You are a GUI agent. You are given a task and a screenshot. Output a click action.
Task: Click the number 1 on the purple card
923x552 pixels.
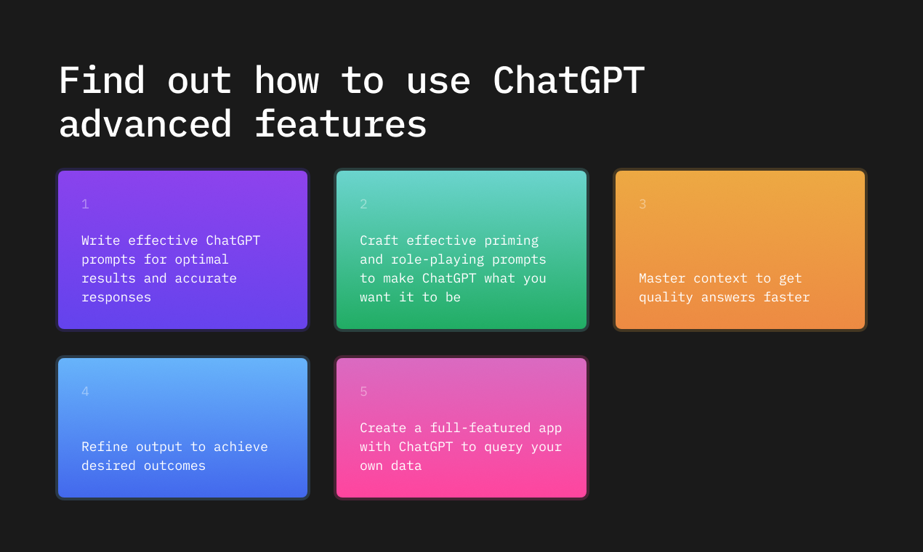[85, 204]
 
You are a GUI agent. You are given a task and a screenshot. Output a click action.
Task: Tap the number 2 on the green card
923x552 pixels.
[363, 204]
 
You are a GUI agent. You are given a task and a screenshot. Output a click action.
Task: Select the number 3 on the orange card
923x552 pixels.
[642, 204]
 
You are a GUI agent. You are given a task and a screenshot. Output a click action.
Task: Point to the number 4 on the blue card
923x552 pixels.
[85, 391]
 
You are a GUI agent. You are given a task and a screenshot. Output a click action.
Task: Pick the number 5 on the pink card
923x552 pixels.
[363, 391]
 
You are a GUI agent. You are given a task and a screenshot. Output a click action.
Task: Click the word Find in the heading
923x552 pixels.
[102, 80]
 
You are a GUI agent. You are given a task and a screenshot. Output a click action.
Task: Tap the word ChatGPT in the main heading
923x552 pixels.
[568, 80]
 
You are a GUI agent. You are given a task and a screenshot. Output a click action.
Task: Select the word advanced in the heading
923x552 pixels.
[145, 123]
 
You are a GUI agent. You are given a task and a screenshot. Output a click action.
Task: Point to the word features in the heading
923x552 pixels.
[341, 123]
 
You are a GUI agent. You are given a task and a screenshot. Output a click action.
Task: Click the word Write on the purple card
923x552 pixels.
[100, 240]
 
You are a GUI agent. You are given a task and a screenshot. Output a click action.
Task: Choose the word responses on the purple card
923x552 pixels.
[116, 297]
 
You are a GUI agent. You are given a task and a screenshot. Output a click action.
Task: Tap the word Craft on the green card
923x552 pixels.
[379, 240]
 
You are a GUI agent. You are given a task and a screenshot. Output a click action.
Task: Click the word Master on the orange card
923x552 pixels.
[662, 278]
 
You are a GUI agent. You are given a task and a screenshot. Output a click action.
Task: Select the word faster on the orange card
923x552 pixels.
[786, 297]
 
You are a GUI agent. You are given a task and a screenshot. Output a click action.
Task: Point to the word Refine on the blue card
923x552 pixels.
[105, 447]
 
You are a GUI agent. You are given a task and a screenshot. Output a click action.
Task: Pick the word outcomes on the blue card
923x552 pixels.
[174, 466]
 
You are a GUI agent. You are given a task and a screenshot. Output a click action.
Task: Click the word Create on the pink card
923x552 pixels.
[383, 428]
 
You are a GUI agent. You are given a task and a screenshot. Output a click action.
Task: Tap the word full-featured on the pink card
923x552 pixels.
[480, 428]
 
